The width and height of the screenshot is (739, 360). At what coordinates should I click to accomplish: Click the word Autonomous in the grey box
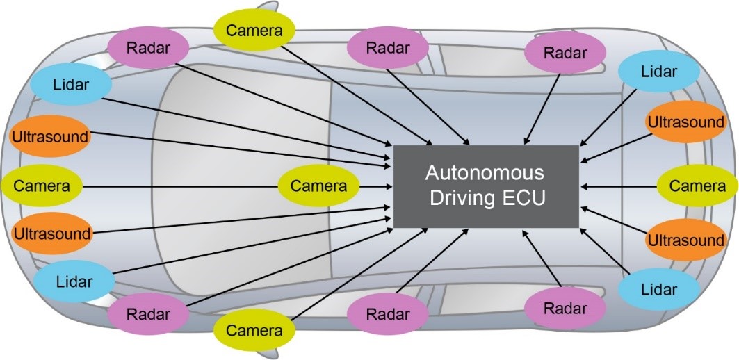click(x=485, y=172)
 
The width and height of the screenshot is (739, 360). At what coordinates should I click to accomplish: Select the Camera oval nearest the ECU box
click(x=318, y=186)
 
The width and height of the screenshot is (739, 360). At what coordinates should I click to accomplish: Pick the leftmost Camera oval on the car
click(x=42, y=186)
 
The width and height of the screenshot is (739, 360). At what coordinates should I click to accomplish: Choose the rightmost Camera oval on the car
click(x=697, y=186)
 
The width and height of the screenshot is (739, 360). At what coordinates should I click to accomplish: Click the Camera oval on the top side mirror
click(x=254, y=30)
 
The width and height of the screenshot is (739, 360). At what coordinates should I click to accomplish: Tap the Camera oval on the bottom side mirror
click(x=254, y=331)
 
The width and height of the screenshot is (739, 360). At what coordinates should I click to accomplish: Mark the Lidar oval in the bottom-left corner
click(x=74, y=282)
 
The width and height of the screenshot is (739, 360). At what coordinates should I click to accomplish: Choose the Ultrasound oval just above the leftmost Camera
click(x=51, y=136)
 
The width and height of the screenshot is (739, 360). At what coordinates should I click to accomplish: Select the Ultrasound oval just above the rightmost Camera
click(x=685, y=122)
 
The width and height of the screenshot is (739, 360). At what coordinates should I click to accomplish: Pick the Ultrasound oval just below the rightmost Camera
click(x=685, y=240)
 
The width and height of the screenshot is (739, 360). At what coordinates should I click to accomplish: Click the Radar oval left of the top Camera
click(x=148, y=47)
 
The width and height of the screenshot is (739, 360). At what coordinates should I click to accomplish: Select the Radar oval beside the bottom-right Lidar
click(x=565, y=309)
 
